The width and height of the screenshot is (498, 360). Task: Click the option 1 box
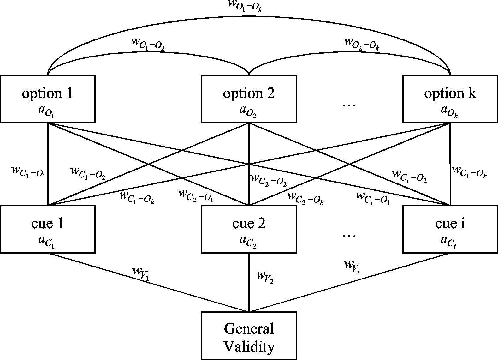point(48,99)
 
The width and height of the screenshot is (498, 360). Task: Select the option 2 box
point(249,99)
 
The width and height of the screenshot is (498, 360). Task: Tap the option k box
point(450,99)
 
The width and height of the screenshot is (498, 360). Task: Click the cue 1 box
point(48,229)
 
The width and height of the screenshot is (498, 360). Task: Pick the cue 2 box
point(249,229)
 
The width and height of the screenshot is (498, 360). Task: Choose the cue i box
point(450,229)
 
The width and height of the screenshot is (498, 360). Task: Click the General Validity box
point(249,335)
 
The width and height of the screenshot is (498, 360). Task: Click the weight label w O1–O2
point(148,44)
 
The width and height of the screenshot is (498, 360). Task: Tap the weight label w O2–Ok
point(362,44)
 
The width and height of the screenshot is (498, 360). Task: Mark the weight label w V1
point(141,273)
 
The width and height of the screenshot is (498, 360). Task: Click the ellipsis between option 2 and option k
point(349,105)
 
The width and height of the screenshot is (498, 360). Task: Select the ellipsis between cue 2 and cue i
point(349,236)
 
